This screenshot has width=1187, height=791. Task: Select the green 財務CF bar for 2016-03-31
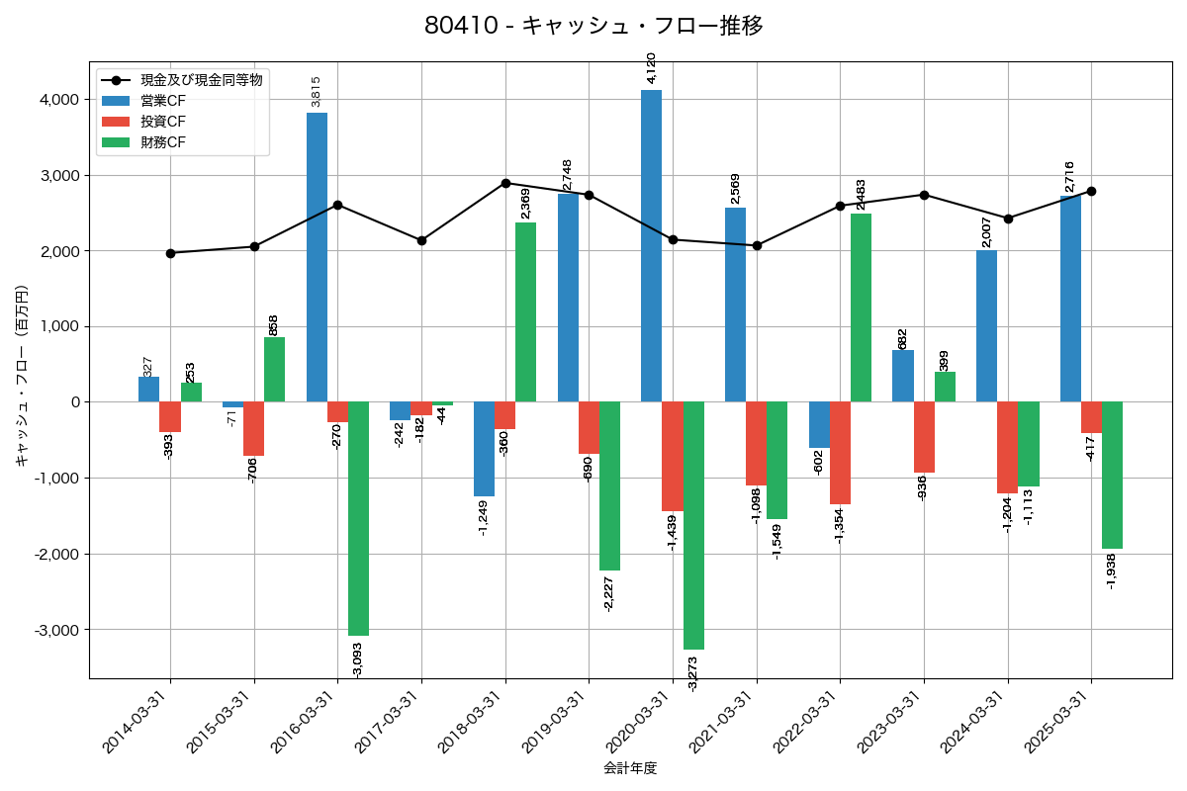point(358,518)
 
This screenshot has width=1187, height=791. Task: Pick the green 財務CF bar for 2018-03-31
point(525,311)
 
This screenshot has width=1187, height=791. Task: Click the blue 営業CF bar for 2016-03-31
point(317,257)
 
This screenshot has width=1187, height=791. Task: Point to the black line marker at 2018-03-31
point(505,183)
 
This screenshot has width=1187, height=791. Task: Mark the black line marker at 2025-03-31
point(1091,191)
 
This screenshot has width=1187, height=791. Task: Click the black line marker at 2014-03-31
point(170,253)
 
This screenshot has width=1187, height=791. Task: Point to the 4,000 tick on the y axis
point(59,100)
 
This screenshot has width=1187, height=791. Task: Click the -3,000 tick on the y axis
point(56,630)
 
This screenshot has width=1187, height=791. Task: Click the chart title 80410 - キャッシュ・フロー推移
point(593,26)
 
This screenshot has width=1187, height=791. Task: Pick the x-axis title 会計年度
point(630,767)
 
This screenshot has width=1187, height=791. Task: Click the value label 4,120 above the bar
point(651,67)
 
